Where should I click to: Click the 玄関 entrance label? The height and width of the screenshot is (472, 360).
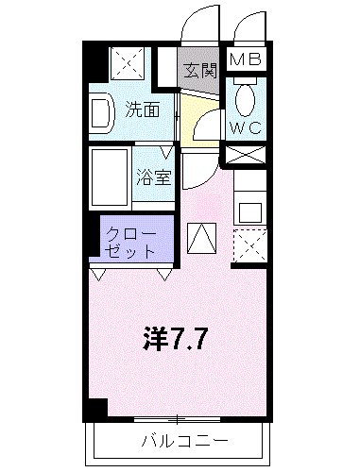pos(200,70)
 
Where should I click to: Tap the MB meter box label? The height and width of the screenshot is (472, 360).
pos(246,59)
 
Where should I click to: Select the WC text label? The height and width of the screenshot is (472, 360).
pos(246,127)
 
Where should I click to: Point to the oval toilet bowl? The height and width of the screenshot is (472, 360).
pos(246,100)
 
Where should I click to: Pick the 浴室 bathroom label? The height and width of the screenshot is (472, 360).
pos(154,177)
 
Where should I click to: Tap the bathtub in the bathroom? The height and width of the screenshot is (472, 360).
pos(110,177)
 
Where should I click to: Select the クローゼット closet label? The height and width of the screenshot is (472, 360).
pos(130,243)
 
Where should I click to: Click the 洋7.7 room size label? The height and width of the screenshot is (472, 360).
pos(175,339)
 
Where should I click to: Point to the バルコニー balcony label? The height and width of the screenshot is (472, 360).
pos(184,442)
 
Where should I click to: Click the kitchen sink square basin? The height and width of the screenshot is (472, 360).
pos(250,212)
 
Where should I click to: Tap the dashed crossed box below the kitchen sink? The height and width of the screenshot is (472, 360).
pos(250,246)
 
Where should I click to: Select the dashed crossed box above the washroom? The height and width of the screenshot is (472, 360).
pos(129,63)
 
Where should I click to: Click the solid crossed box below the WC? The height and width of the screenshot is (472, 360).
pos(246,155)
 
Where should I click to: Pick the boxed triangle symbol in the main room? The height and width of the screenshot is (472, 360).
pos(202,238)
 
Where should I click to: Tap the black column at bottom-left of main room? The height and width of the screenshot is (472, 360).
pos(95,409)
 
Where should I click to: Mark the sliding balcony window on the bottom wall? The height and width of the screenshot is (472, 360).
pos(177,419)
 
